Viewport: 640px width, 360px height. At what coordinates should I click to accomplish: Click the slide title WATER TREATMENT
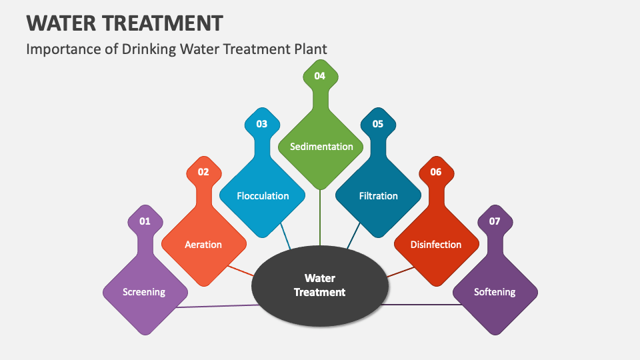click(124, 23)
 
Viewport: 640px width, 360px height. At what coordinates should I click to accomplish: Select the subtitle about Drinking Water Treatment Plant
click(177, 49)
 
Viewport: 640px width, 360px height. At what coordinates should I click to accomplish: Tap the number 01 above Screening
click(145, 221)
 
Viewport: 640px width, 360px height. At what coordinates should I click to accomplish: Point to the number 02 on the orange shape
click(203, 172)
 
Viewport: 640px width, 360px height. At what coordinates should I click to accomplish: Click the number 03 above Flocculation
click(261, 124)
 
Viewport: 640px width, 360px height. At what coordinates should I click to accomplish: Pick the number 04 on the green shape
click(320, 76)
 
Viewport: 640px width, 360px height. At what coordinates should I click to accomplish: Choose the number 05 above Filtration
click(378, 124)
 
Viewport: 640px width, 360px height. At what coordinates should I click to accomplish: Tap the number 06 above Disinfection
click(436, 172)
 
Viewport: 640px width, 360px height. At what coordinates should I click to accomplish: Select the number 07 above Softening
click(495, 221)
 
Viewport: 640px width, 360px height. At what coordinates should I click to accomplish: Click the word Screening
click(145, 292)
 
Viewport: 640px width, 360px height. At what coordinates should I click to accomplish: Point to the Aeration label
click(203, 245)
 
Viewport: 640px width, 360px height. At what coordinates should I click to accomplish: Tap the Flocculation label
click(263, 196)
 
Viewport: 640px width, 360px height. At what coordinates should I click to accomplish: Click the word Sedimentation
click(321, 147)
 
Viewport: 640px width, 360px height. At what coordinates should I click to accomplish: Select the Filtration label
click(378, 196)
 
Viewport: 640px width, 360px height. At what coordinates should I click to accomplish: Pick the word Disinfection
click(436, 245)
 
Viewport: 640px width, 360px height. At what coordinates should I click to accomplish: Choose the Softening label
click(495, 292)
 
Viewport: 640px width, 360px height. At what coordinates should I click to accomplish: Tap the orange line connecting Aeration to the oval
click(241, 271)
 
